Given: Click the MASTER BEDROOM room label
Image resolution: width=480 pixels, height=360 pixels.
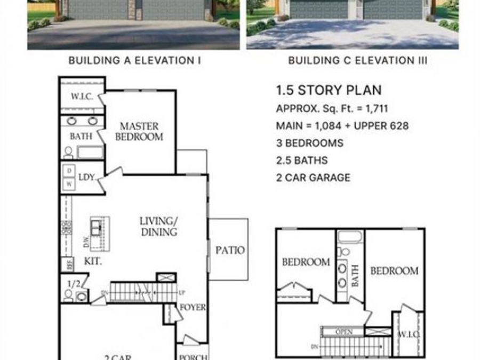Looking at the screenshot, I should (x=139, y=131).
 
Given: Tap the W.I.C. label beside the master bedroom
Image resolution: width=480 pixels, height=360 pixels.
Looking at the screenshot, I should (x=82, y=97).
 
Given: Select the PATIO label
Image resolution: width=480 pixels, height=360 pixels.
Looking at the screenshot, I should (x=230, y=250).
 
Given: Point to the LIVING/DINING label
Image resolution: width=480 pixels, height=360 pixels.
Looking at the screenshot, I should (x=158, y=226).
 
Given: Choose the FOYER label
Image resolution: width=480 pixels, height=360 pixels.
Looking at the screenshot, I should (x=193, y=308).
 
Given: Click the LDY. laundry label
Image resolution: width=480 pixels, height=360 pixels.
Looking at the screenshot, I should (x=86, y=177).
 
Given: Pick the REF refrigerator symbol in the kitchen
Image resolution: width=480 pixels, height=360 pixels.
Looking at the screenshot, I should (x=69, y=263).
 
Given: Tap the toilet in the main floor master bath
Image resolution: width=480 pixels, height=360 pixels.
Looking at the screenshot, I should (x=68, y=152).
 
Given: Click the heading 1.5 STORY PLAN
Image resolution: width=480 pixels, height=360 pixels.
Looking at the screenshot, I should (x=329, y=90).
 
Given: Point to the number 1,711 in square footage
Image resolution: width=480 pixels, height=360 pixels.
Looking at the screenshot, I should (x=376, y=109).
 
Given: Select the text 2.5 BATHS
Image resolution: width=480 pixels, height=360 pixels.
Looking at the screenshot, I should (x=302, y=160).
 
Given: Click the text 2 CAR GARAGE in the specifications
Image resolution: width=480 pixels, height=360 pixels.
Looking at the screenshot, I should (x=313, y=177).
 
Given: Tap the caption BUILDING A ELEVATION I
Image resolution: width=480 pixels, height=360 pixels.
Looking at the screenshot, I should (x=134, y=61).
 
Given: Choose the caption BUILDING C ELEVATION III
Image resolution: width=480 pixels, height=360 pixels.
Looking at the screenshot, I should (x=357, y=61).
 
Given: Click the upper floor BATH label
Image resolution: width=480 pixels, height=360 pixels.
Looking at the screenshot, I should (x=355, y=276).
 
